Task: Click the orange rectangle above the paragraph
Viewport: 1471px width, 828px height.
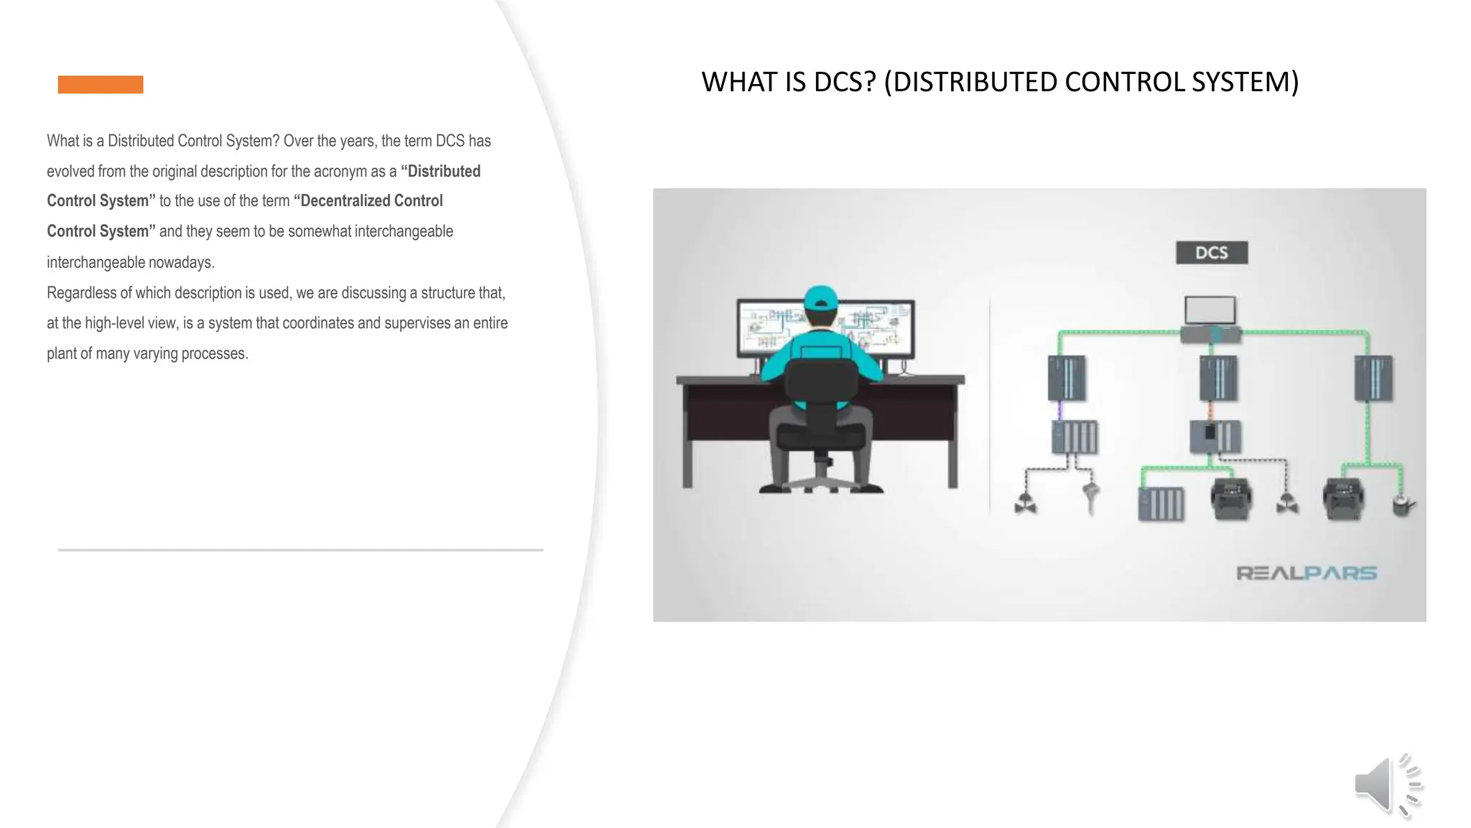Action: [101, 85]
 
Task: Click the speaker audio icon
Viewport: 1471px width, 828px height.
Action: [1388, 786]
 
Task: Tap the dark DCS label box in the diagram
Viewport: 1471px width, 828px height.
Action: [1212, 253]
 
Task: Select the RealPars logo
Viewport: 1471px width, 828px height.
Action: [1307, 574]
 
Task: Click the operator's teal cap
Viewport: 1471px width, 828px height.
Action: [821, 297]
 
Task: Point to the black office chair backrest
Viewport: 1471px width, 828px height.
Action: [822, 384]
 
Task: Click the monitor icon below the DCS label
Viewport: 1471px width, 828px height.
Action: [1210, 310]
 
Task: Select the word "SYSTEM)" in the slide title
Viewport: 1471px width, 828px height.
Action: [1245, 82]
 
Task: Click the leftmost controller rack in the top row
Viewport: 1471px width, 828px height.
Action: [1067, 378]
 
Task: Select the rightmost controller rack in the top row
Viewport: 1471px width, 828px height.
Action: [1373, 378]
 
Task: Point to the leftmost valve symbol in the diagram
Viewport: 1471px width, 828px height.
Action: [1025, 505]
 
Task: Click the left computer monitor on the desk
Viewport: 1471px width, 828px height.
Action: [770, 328]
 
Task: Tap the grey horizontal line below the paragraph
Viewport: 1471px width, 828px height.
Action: [300, 550]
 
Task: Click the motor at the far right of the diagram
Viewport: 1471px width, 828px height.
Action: [1403, 505]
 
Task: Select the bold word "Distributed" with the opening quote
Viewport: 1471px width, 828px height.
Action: [440, 172]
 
